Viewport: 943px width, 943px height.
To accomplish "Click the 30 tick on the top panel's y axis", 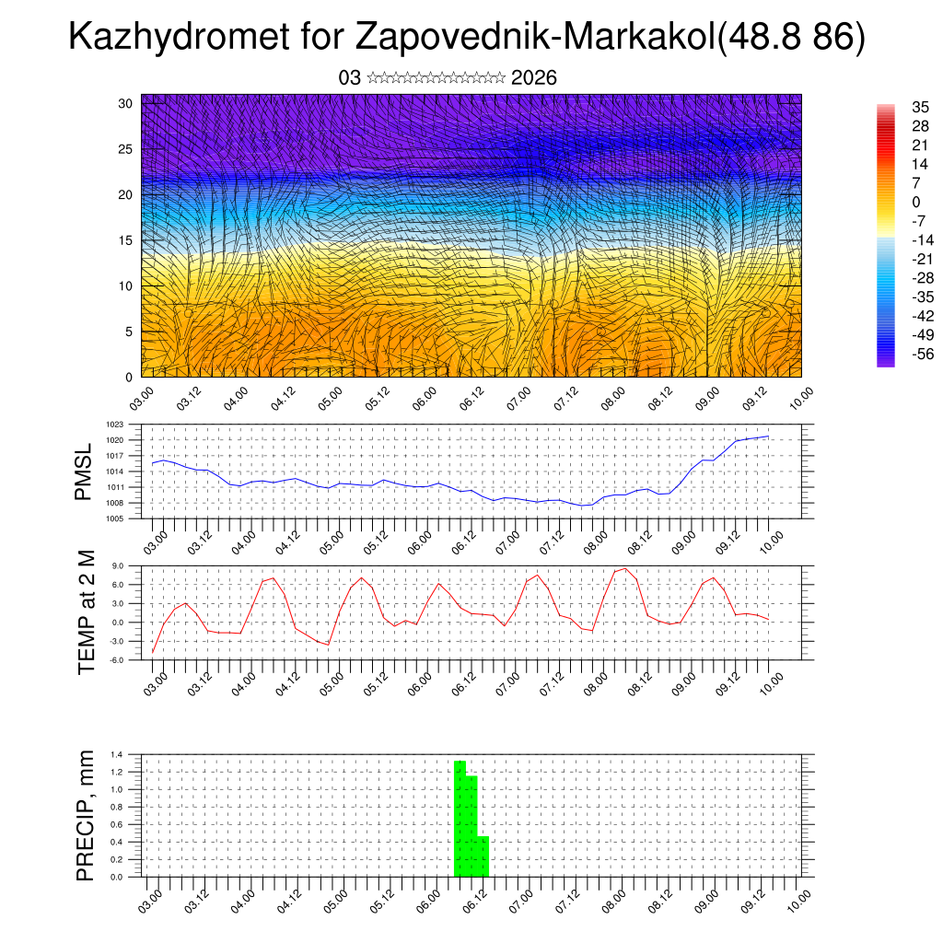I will click(x=125, y=103).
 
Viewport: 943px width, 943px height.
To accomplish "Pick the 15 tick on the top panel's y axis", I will click(x=125, y=240).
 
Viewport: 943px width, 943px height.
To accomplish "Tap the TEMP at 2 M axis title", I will click(x=87, y=612).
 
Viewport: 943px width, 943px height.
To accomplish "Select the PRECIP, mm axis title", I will click(x=86, y=815).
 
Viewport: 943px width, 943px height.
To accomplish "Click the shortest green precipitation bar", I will click(x=483, y=856).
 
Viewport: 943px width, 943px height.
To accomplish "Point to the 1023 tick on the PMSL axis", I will click(x=114, y=425).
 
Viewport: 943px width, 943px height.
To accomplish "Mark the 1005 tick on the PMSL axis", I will click(x=114, y=518).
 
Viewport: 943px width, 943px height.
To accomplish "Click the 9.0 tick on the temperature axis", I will click(x=117, y=565).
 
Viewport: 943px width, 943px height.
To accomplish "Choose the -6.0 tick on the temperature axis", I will click(x=116, y=660).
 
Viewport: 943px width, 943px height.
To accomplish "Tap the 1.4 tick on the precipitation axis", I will click(x=117, y=754).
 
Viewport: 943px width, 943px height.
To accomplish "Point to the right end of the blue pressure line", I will click(x=768, y=437).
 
